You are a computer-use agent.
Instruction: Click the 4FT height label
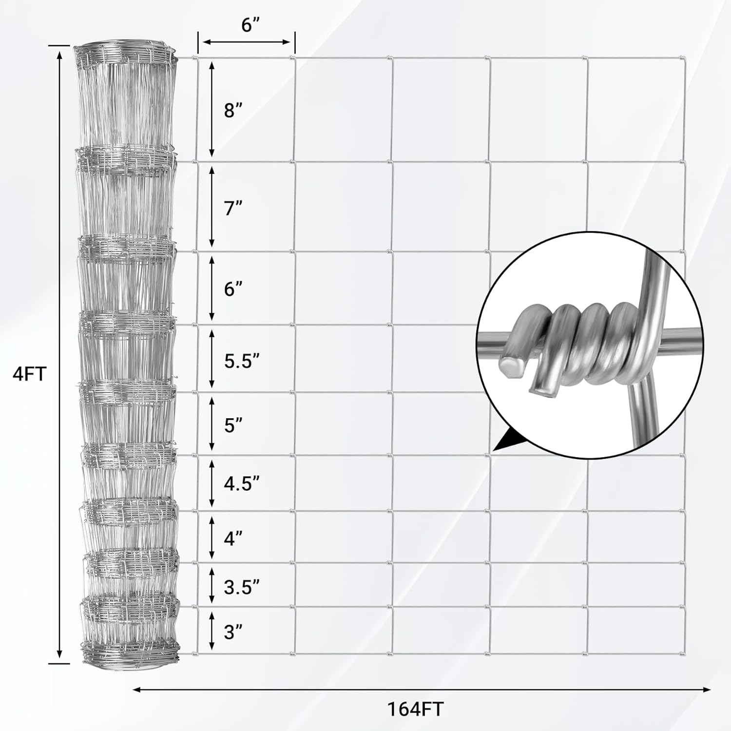pos(30,374)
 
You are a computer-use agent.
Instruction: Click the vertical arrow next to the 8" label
pos(212,109)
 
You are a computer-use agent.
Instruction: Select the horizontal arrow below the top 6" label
pos(247,42)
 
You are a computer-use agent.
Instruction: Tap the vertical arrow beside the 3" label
pos(212,632)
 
